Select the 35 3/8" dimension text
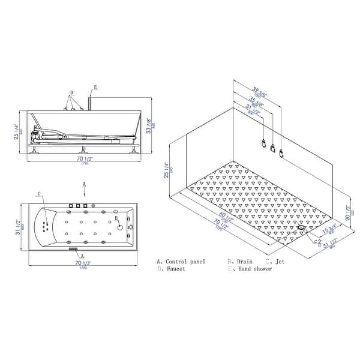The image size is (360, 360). [x=252, y=100]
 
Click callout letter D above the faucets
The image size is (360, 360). [x=72, y=94]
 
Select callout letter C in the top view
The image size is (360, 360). [x=39, y=194]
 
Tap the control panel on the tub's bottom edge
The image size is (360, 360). [x=74, y=248]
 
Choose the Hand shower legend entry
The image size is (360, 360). [x=254, y=269]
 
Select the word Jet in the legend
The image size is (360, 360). [x=280, y=262]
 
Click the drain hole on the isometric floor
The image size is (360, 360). [x=301, y=227]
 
